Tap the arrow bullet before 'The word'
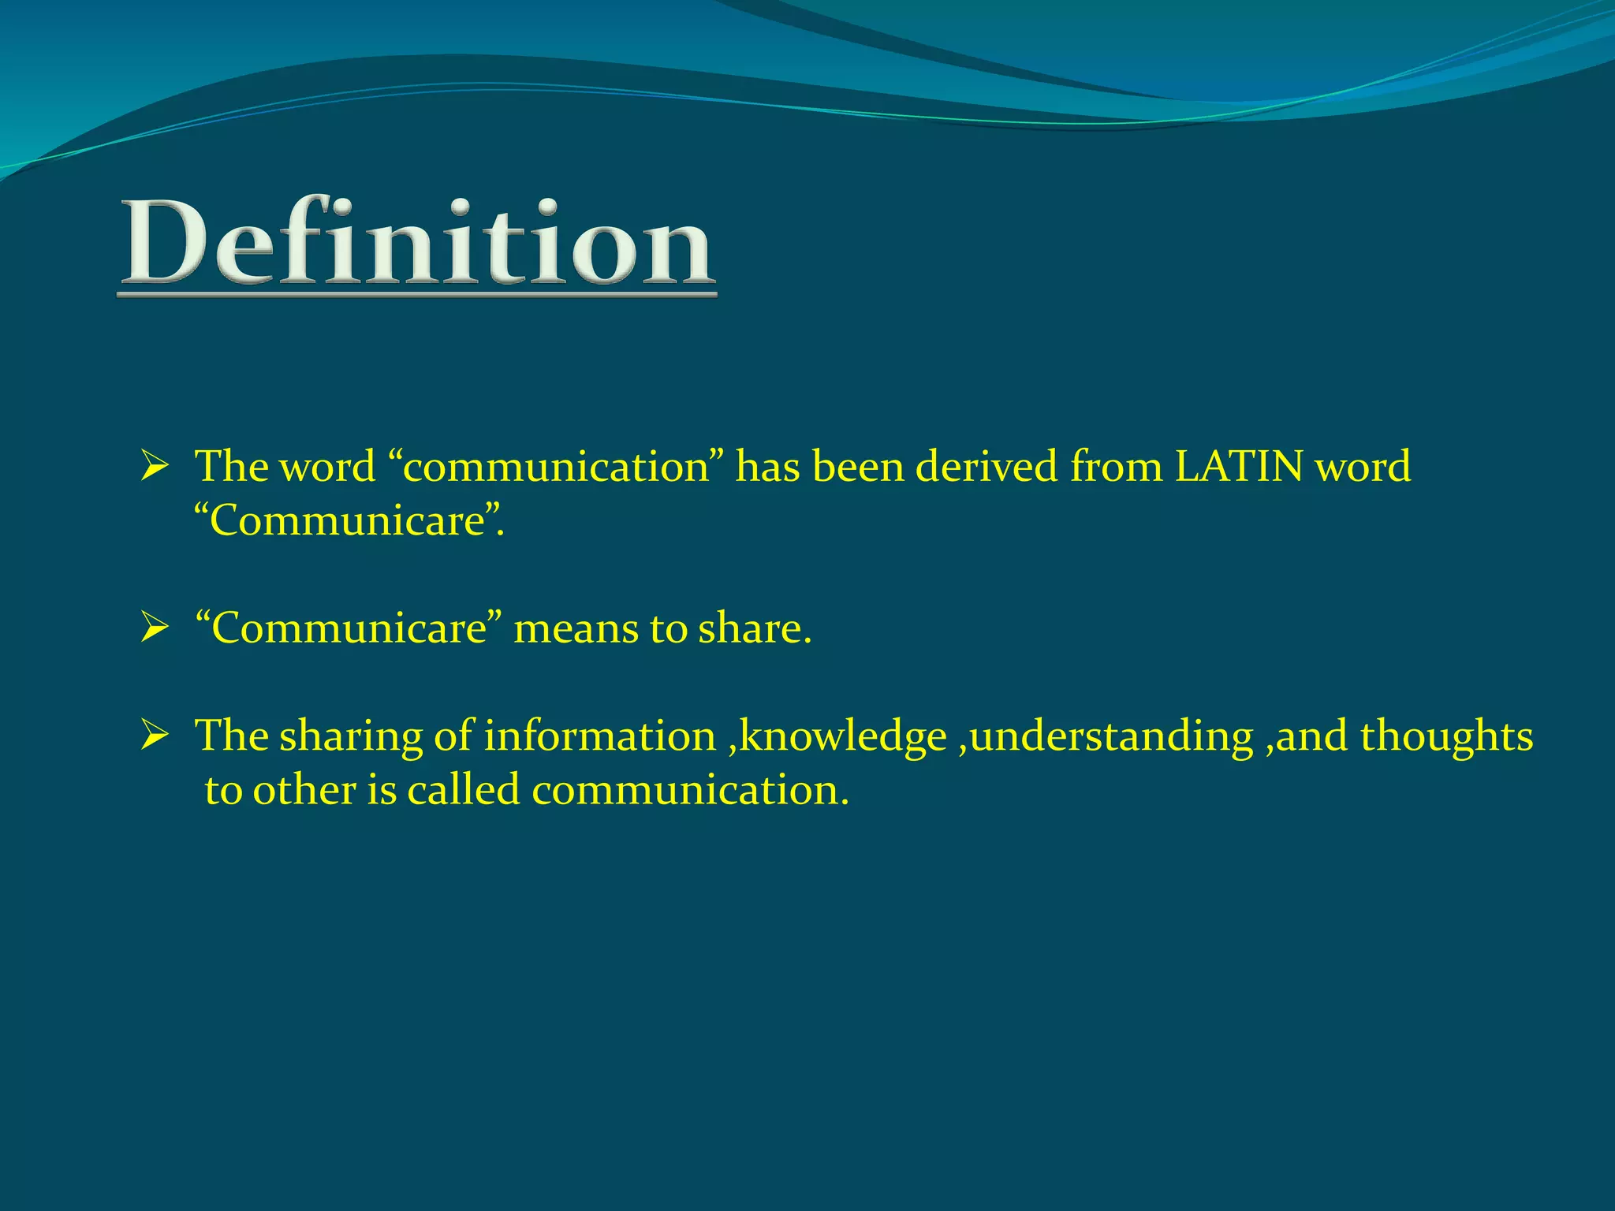(155, 467)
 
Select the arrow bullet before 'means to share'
(155, 629)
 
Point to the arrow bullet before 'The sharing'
(155, 736)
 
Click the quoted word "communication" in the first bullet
(561, 467)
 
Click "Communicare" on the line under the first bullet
(349, 520)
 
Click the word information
(599, 736)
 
